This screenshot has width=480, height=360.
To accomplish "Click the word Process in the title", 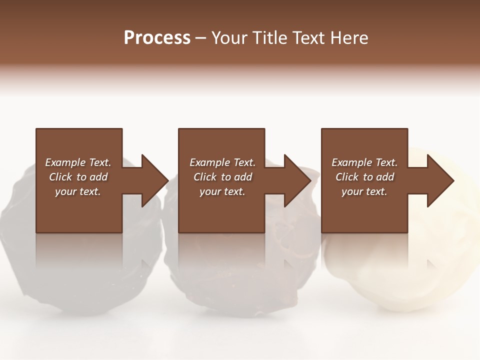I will pyautogui.click(x=157, y=38).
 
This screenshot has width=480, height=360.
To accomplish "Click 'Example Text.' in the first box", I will pyautogui.click(x=78, y=162).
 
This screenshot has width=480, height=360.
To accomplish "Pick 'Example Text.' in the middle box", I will pyautogui.click(x=222, y=162).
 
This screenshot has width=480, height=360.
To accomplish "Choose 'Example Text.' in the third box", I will pyautogui.click(x=364, y=162).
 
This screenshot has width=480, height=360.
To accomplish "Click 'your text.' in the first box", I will pyautogui.click(x=78, y=191).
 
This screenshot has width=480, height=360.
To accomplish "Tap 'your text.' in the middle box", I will pyautogui.click(x=222, y=191).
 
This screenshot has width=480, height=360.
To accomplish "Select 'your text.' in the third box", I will pyautogui.click(x=364, y=191).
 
